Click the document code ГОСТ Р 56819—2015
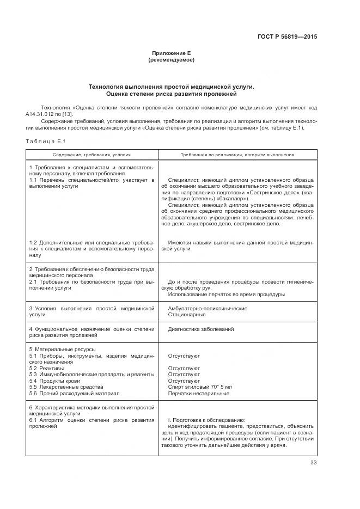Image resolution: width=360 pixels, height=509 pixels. coord(286,37)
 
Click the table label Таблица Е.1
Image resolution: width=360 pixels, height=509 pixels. coord(45,142)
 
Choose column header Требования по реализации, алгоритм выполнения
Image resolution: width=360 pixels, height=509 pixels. coord(237,155)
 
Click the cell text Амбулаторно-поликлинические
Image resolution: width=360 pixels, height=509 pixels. coord(200,308)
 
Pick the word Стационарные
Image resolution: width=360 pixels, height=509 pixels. coord(186,315)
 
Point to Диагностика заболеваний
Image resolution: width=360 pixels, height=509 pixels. coord(201,329)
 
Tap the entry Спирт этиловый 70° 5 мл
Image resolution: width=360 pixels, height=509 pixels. coord(200,387)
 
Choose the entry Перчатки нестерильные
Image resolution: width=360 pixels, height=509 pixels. coord(198,393)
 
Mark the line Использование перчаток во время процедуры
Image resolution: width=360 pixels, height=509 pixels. coord(226,295)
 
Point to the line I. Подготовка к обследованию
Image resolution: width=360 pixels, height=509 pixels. coord(206,419)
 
